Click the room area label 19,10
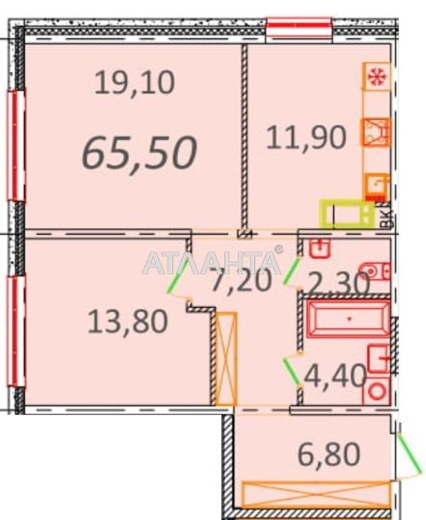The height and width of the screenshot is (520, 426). point(134,84)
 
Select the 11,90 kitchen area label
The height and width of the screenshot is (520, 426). point(306,138)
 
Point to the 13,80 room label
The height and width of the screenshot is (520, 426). point(128,321)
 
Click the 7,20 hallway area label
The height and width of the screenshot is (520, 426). point(242,280)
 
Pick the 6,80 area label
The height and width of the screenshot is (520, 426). point(329,455)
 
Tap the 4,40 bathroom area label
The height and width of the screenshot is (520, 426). point(335,376)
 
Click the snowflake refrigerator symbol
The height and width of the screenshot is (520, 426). point(377,77)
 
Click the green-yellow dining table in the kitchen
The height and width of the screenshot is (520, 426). point(347,214)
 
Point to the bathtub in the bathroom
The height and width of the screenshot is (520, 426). point(348,318)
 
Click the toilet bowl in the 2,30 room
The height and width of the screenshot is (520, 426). point(375,271)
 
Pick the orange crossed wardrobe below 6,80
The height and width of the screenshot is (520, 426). point(316,495)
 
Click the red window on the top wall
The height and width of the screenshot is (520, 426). point(299,28)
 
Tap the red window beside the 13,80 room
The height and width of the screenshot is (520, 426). point(16,331)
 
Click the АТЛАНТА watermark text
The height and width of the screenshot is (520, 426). point(212,262)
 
